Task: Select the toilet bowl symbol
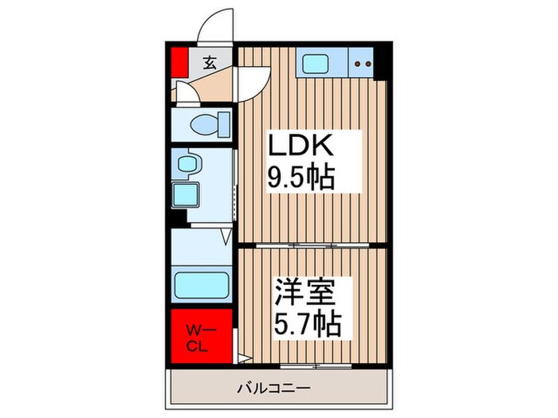tap(210, 123)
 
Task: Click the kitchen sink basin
tap(312, 61)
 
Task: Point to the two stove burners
tap(363, 62)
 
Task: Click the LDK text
tap(305, 147)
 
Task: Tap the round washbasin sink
tap(189, 163)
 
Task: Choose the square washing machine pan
tap(188, 195)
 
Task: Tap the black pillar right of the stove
tap(383, 63)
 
